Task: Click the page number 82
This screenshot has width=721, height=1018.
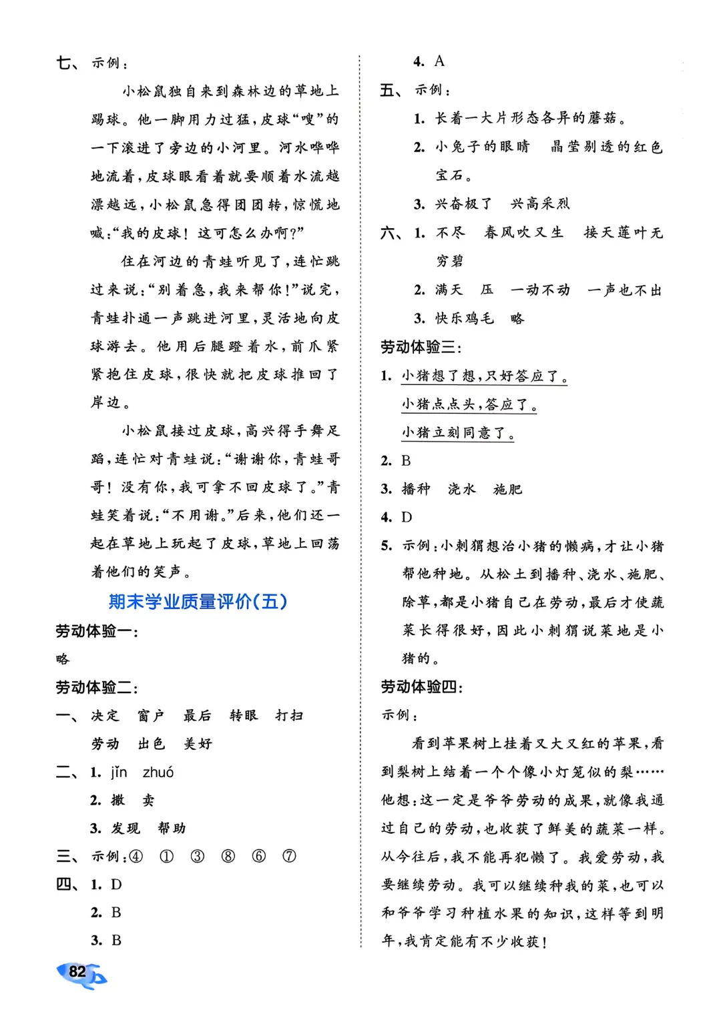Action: pyautogui.click(x=78, y=971)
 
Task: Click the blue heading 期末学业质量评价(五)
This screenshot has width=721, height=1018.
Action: pyautogui.click(x=198, y=602)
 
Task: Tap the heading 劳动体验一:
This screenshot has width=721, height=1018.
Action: pyautogui.click(x=97, y=631)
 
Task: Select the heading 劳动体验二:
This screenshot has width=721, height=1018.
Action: pyautogui.click(x=97, y=687)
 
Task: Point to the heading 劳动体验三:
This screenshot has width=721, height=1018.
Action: pyautogui.click(x=421, y=347)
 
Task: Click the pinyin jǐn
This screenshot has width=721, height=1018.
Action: pyautogui.click(x=119, y=773)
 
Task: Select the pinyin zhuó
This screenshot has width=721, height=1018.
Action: pyautogui.click(x=158, y=773)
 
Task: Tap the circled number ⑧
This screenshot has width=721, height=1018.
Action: pyautogui.click(x=228, y=857)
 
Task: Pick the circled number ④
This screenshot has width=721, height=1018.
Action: pyautogui.click(x=136, y=857)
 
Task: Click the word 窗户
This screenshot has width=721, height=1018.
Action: pyautogui.click(x=151, y=716)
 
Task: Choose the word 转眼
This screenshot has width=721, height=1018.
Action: pyautogui.click(x=244, y=716)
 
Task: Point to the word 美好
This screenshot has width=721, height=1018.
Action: pyautogui.click(x=198, y=744)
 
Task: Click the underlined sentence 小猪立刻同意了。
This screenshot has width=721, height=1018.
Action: pyautogui.click(x=458, y=433)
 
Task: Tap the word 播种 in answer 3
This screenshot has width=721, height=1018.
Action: pyautogui.click(x=416, y=489)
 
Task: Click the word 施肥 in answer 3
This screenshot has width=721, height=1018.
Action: pyautogui.click(x=507, y=489)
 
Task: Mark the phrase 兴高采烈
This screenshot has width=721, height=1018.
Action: pyautogui.click(x=540, y=204)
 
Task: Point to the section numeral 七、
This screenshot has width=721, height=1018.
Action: pyautogui.click(x=67, y=63)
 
